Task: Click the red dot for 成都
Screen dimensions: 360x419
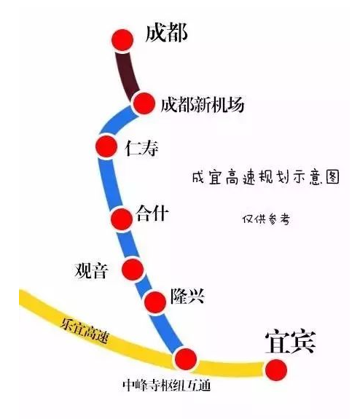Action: pos(122,40)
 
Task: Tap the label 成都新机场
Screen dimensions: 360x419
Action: pos(203,104)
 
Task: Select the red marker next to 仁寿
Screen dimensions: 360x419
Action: pos(106,146)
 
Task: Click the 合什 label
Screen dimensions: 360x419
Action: pos(152,214)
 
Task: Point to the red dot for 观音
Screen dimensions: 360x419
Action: pos(133,269)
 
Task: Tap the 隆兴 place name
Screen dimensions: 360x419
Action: pos(187,296)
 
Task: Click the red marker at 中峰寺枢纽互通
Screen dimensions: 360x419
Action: pos(186,359)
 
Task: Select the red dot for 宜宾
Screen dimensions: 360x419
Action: pos(276,370)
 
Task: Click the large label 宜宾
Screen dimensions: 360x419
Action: pos(291,342)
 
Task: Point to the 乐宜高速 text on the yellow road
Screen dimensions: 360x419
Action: pos(85,331)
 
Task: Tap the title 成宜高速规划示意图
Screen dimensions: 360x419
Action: pos(266,177)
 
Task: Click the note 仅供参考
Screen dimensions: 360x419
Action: pos(266,219)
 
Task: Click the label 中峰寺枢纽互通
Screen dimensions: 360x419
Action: pos(166,385)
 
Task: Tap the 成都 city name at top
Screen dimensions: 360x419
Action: pos(166,33)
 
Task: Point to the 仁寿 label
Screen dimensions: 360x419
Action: pos(141,148)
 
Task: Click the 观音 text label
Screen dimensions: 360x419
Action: pos(91,270)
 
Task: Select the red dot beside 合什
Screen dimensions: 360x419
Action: pos(122,219)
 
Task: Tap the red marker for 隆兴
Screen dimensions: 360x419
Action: pos(155,302)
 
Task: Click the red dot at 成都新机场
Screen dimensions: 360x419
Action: pos(144,103)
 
